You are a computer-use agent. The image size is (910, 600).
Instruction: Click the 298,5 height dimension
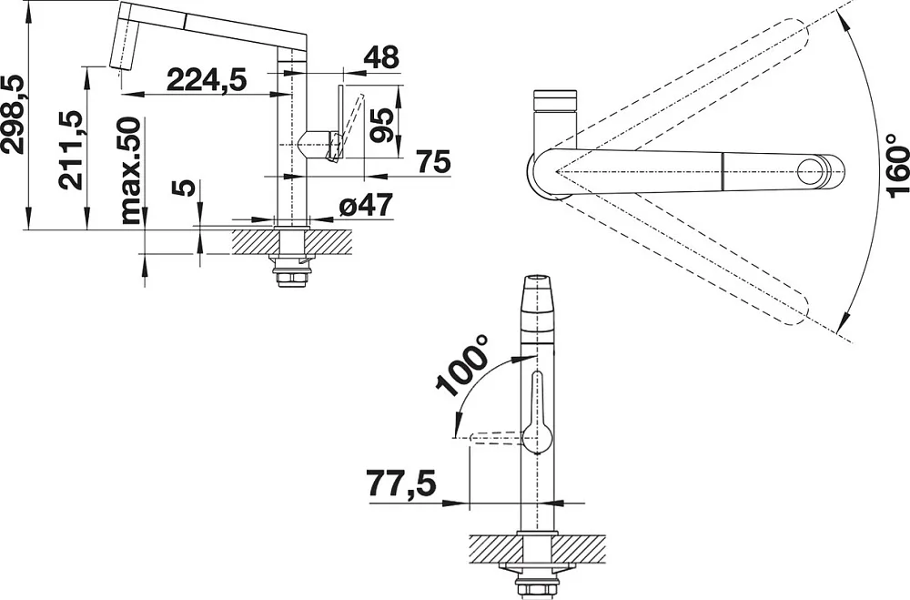[13, 116]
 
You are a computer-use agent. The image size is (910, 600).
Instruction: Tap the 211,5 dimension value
[71, 149]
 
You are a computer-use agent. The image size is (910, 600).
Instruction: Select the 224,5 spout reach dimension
[207, 79]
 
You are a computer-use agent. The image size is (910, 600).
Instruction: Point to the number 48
[382, 57]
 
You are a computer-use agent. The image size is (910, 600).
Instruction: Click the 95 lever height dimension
[382, 125]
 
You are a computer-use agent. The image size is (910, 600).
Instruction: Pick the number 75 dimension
[433, 161]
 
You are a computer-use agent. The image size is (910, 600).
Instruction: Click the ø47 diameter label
[365, 205]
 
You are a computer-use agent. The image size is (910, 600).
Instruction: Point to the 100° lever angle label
[462, 366]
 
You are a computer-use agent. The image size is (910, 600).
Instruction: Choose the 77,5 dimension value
[401, 483]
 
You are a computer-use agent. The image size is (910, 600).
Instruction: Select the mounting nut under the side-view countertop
[289, 275]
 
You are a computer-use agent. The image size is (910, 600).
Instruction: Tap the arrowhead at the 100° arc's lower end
[459, 422]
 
